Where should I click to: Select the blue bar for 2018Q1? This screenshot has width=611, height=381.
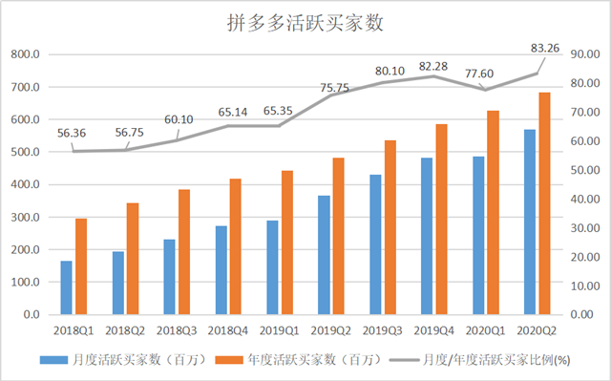pos(68,287)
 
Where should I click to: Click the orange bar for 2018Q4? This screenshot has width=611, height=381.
pos(235,246)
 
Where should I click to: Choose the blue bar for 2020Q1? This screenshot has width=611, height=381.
pos(478,235)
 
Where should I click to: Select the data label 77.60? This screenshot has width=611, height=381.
pos(482,72)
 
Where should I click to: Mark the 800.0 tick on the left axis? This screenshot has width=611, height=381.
pos(25,55)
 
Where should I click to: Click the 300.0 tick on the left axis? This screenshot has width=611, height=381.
pos(25,218)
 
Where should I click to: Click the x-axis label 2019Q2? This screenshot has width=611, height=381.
pos(333,329)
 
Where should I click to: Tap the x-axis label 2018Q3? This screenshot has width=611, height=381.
pos(179,329)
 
